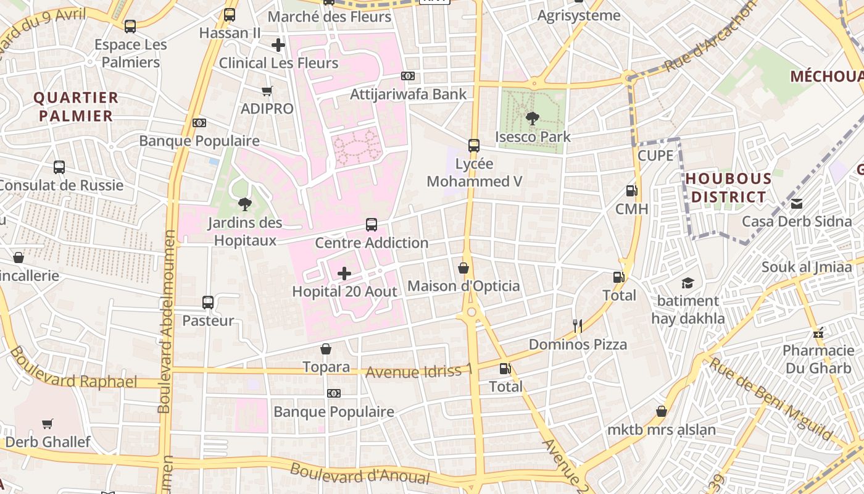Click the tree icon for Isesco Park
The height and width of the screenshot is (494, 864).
532,117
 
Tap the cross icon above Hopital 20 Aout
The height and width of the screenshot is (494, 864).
344,273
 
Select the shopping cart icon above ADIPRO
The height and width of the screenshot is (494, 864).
267,91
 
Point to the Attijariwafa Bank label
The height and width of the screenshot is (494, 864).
408,94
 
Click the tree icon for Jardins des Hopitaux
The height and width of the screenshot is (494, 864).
245,204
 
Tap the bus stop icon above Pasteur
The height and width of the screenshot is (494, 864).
208,303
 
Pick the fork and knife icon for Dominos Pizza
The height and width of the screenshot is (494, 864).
578,326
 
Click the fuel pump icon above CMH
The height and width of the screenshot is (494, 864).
631,191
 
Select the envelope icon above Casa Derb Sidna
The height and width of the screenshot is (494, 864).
797,203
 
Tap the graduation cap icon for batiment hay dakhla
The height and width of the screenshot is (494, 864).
687,283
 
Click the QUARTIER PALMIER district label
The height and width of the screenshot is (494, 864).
76,107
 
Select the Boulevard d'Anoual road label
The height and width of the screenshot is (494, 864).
360,474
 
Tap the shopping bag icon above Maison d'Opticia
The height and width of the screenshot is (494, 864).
463,268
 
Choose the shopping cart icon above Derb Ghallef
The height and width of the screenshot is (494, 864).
48,424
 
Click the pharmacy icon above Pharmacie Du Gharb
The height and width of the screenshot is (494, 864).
818,333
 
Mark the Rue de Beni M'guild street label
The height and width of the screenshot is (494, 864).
770,399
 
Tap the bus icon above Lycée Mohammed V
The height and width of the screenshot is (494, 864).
474,145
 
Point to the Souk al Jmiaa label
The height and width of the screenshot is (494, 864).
806,267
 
